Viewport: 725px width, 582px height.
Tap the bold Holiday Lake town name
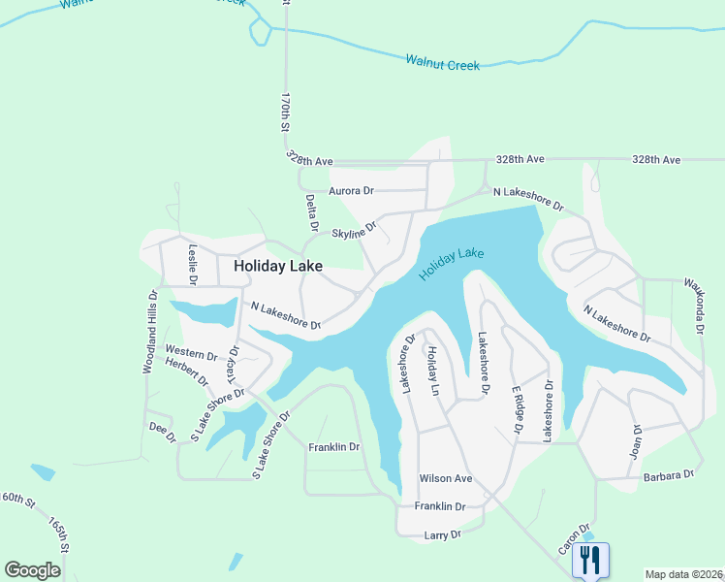pyautogui.click(x=277, y=265)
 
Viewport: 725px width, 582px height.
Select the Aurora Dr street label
pyautogui.click(x=351, y=191)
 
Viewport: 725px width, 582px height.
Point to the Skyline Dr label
pyautogui.click(x=353, y=234)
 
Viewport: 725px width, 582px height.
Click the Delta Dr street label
pyautogui.click(x=312, y=211)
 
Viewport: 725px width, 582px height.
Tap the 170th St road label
pyautogui.click(x=285, y=113)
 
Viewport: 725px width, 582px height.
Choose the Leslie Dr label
pyautogui.click(x=193, y=263)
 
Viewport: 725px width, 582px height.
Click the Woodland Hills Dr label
pyautogui.click(x=150, y=332)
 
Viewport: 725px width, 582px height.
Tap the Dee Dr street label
pyautogui.click(x=161, y=432)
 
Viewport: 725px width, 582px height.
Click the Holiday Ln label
pyautogui.click(x=433, y=372)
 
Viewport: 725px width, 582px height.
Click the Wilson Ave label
pyautogui.click(x=445, y=479)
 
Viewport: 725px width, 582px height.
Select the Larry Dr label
pyautogui.click(x=441, y=534)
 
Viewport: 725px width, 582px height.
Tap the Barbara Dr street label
pyautogui.click(x=669, y=475)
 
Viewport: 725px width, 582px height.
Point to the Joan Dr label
pyautogui.click(x=637, y=441)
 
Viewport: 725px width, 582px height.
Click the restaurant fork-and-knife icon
pyautogui.click(x=590, y=560)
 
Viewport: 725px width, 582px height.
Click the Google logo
pyautogui.click(x=33, y=570)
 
